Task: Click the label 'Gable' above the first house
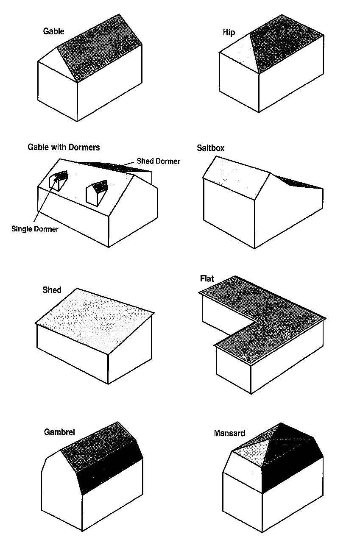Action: [54, 31]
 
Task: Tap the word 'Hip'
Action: [229, 33]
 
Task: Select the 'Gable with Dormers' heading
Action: [64, 147]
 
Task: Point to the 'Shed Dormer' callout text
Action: [158, 161]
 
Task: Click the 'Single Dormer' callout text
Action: [35, 229]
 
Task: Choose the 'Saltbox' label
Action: [210, 148]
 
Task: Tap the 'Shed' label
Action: [52, 290]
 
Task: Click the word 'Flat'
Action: [207, 278]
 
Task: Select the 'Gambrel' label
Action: [59, 432]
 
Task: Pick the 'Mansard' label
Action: [229, 433]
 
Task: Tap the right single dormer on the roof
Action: [97, 192]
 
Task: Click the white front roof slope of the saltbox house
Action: [237, 174]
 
